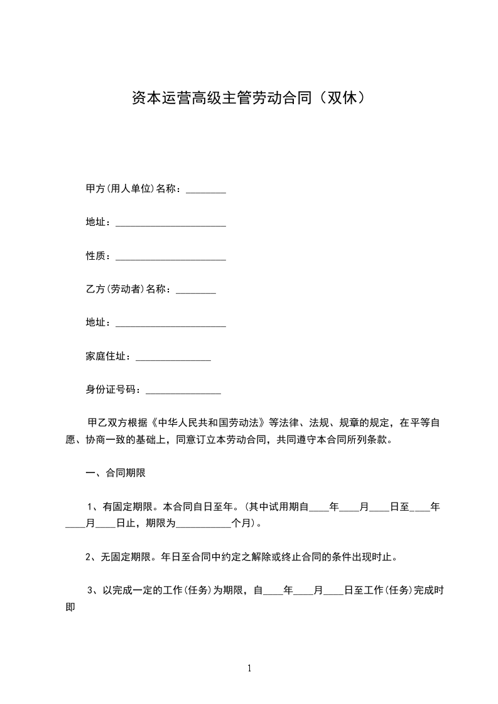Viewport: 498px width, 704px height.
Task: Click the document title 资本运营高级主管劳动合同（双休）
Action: tap(249, 98)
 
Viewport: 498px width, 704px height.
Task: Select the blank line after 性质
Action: tap(171, 257)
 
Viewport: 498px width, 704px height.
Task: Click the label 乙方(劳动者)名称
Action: tap(128, 289)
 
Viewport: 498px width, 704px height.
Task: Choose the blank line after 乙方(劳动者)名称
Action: tap(196, 292)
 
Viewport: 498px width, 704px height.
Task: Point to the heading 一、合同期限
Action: tap(116, 473)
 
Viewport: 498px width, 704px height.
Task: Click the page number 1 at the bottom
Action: tap(249, 668)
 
